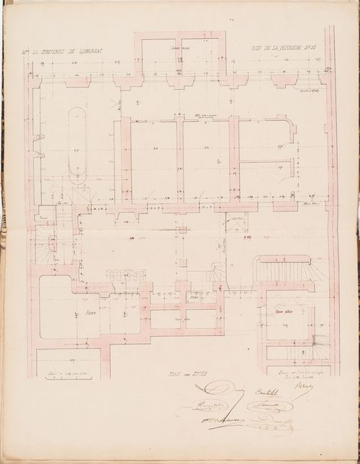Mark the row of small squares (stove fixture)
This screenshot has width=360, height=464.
coord(126,276)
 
